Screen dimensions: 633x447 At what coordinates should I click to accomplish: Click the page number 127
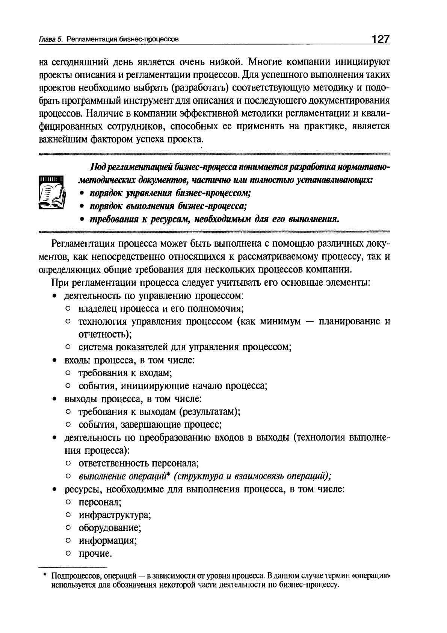click(x=381, y=39)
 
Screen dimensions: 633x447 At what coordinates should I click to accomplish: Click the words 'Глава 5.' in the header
click(x=50, y=39)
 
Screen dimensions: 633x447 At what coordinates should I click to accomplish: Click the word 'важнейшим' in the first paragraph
click(x=63, y=139)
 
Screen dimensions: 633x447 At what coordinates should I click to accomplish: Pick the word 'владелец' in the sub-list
click(x=98, y=309)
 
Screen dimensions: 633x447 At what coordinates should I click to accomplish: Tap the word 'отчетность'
click(x=104, y=334)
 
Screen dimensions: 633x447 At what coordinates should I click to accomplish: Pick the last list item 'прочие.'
click(x=95, y=554)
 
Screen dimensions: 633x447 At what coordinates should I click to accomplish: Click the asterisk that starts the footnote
click(x=44, y=575)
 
